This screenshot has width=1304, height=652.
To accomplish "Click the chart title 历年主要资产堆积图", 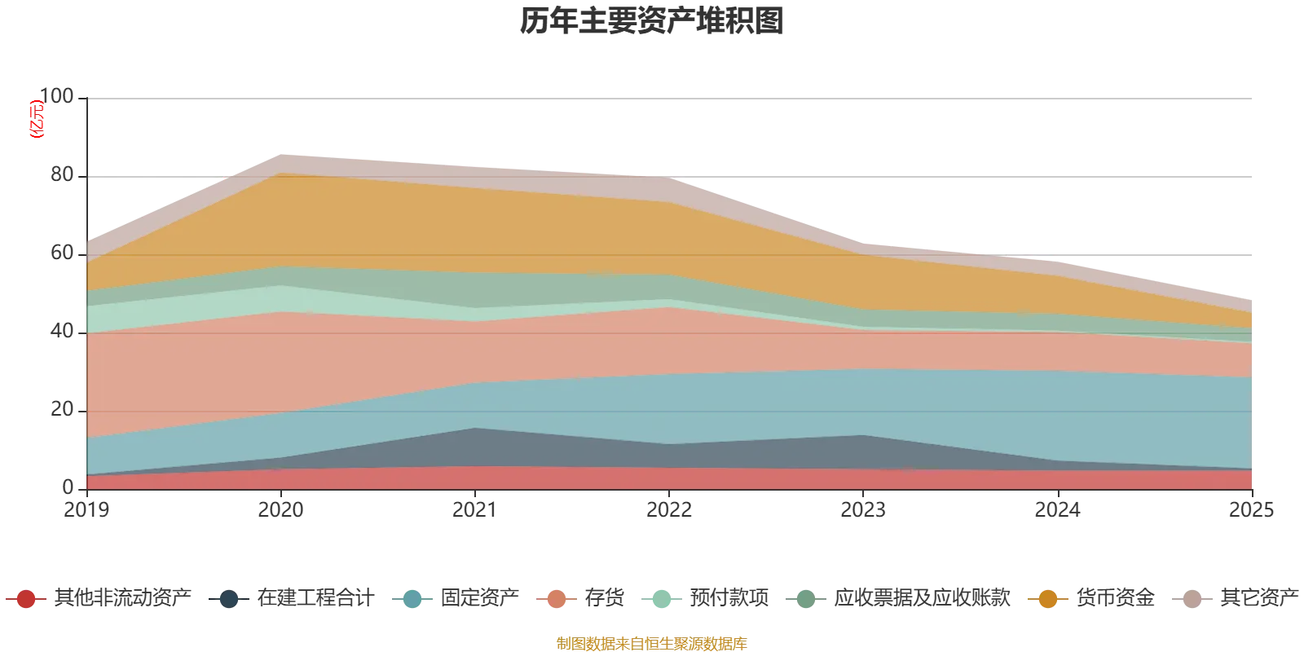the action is [x=651, y=21].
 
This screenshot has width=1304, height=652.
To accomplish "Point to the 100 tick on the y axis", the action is [x=56, y=96].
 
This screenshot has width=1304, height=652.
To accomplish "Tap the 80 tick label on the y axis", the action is [x=62, y=174].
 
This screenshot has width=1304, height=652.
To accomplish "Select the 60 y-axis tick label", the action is [x=62, y=253].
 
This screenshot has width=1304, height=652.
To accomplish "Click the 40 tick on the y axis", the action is [x=62, y=331].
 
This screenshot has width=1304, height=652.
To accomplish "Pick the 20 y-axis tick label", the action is [x=62, y=409].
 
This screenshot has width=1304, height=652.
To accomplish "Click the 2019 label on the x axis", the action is [x=86, y=510].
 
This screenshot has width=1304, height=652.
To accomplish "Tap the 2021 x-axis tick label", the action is [x=475, y=510].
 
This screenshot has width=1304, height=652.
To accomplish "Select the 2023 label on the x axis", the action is [x=863, y=510].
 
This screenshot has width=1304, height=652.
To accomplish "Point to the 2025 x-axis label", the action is [x=1252, y=510].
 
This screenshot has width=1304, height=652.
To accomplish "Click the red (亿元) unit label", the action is [x=37, y=119].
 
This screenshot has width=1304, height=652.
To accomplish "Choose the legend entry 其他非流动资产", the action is [x=99, y=598].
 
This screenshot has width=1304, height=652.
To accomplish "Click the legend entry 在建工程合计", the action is [x=292, y=598].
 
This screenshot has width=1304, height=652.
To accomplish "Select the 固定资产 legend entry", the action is [x=456, y=598].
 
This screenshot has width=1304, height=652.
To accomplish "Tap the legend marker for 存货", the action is [x=557, y=599].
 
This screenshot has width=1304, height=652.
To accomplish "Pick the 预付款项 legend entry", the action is [x=705, y=598].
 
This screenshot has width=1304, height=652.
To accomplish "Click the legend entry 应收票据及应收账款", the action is [x=898, y=598].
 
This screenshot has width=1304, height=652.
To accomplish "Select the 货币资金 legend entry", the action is [x=1091, y=598].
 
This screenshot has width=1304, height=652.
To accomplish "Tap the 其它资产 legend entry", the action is [x=1236, y=598].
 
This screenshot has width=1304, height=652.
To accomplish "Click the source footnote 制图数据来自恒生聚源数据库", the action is [x=651, y=643].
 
